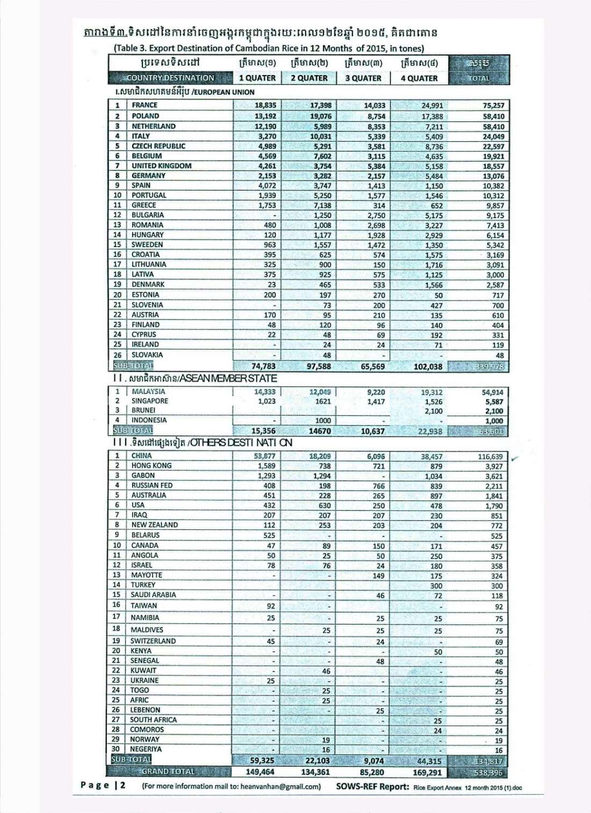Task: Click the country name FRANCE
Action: coord(145,105)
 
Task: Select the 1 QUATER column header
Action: coord(257,78)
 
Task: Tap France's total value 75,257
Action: coord(493,106)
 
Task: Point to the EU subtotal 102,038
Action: coord(428,367)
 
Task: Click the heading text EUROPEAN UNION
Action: coord(227,92)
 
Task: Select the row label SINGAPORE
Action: coord(149,401)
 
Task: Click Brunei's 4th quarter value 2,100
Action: coord(433,411)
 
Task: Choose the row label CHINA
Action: coord(141,456)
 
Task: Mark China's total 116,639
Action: coord(490,456)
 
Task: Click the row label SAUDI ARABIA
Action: coord(153,595)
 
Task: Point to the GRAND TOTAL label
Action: coord(168,772)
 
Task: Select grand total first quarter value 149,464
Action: coord(260,772)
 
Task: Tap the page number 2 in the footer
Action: coord(123,785)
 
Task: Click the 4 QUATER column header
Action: coord(419,78)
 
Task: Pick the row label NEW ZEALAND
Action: coord(154,525)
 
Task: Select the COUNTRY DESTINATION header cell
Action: coord(170,78)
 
